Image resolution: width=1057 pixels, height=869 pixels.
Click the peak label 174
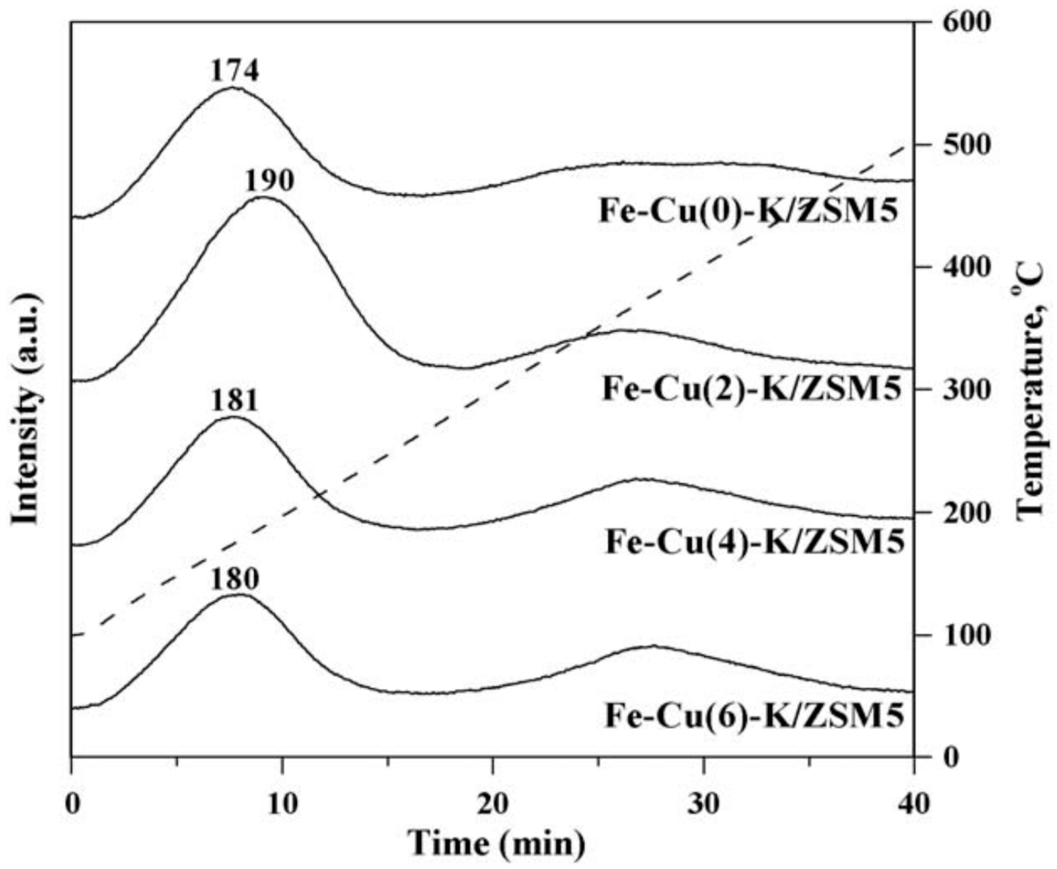click(234, 71)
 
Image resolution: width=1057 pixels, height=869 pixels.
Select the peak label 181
click(234, 401)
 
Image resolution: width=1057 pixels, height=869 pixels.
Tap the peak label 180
click(234, 579)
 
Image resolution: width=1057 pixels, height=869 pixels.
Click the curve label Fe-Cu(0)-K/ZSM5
click(748, 212)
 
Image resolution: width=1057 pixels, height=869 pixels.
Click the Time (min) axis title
click(497, 844)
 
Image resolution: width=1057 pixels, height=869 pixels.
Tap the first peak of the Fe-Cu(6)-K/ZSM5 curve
click(236, 595)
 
